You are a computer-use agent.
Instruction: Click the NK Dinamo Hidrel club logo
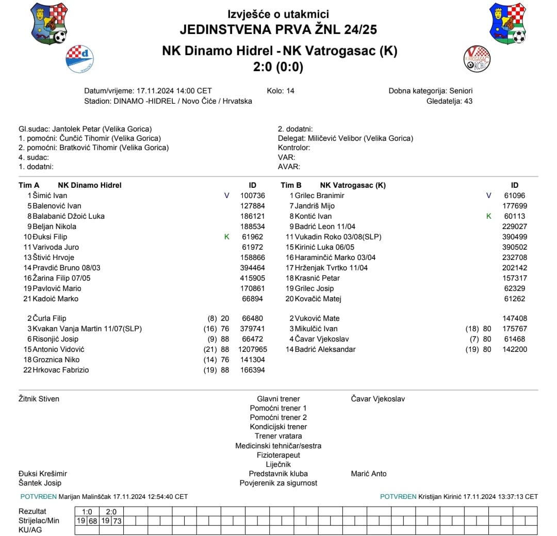click(x=79, y=59)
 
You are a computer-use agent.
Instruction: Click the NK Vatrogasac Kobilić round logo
click(x=477, y=58)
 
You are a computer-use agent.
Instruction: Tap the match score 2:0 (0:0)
click(x=278, y=67)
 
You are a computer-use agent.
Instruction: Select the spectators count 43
click(x=468, y=101)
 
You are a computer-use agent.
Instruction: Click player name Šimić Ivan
click(x=50, y=196)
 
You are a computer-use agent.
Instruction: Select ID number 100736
click(x=253, y=196)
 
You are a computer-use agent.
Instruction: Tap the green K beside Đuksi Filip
click(x=226, y=237)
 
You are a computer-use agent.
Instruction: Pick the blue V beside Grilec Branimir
click(x=489, y=196)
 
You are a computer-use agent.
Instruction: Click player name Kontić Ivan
click(x=313, y=216)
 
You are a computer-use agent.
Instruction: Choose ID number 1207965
click(x=251, y=349)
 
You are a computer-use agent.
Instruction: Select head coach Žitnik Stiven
click(x=39, y=399)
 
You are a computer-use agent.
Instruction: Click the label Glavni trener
click(x=278, y=399)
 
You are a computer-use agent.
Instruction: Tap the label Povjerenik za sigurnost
click(x=278, y=483)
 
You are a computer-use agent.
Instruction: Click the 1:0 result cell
click(x=87, y=511)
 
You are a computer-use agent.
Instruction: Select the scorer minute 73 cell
click(x=117, y=521)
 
